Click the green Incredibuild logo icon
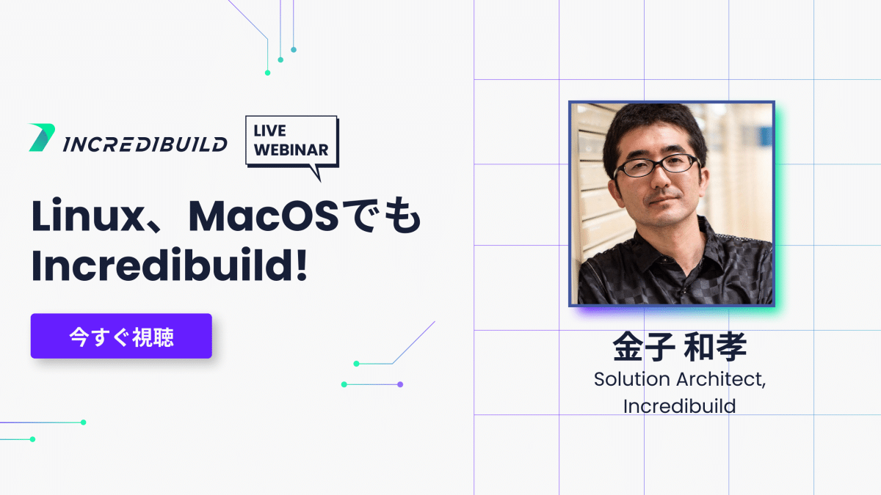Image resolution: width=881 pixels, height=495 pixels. click(42, 138)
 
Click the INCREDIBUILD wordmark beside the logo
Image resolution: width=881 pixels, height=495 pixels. click(145, 144)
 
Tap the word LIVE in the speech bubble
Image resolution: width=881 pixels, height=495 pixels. click(270, 131)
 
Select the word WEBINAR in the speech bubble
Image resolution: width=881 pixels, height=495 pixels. click(291, 150)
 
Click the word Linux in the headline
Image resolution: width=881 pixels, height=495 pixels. click(87, 216)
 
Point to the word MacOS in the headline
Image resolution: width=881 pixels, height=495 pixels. click(264, 216)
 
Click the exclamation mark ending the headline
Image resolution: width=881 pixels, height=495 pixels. click(302, 265)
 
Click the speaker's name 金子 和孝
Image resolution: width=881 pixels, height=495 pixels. click(680, 346)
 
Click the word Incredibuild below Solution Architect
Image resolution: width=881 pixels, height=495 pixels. click(680, 406)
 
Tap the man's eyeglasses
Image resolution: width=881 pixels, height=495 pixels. click(658, 166)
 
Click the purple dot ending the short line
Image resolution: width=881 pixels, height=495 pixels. click(400, 384)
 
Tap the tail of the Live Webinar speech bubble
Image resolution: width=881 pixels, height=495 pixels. click(316, 173)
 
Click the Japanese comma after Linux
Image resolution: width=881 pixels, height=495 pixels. click(156, 227)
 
